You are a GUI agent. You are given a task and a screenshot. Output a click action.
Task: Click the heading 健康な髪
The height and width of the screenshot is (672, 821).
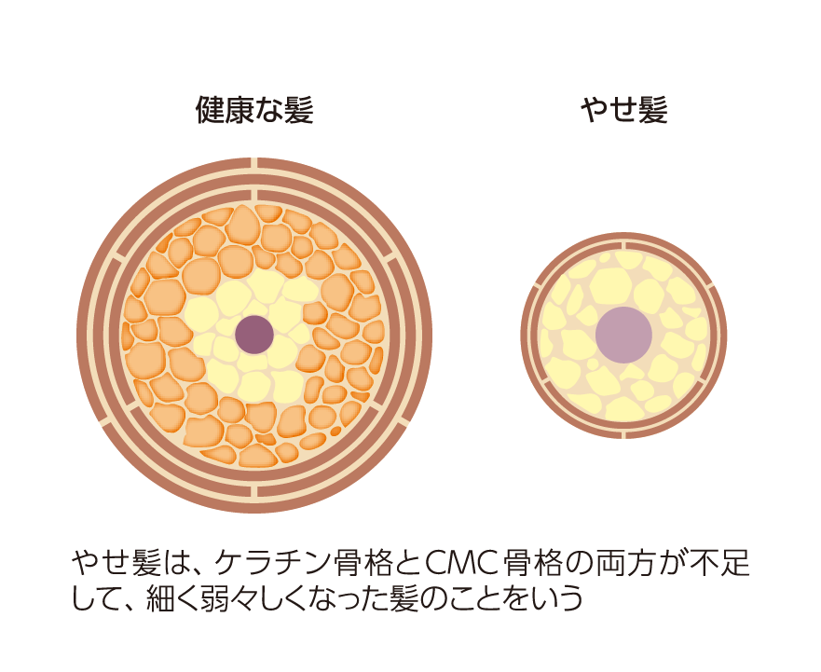pos(254,109)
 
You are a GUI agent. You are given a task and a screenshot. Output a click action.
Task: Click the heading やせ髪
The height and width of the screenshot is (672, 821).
pos(623,109)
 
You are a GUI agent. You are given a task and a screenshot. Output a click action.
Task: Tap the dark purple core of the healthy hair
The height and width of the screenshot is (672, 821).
pos(254,335)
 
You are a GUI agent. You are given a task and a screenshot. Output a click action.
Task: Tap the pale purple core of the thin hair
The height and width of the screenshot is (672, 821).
pos(623,336)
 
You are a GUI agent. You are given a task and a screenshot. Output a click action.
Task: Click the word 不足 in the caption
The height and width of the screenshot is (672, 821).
pos(719,564)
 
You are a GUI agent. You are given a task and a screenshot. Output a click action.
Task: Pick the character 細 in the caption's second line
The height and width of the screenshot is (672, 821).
pos(160,598)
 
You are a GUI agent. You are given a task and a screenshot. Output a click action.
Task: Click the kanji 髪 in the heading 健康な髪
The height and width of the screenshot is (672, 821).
pos(299,109)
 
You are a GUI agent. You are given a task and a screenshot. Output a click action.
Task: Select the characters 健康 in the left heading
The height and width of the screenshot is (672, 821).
pos(226,109)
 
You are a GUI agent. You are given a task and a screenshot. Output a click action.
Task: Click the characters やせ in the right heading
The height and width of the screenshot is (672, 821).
pos(609,110)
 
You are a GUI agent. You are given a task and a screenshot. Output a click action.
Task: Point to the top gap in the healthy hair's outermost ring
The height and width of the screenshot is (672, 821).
pos(254,163)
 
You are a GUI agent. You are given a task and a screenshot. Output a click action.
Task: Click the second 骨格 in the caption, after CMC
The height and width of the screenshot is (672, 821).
pos(531,564)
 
